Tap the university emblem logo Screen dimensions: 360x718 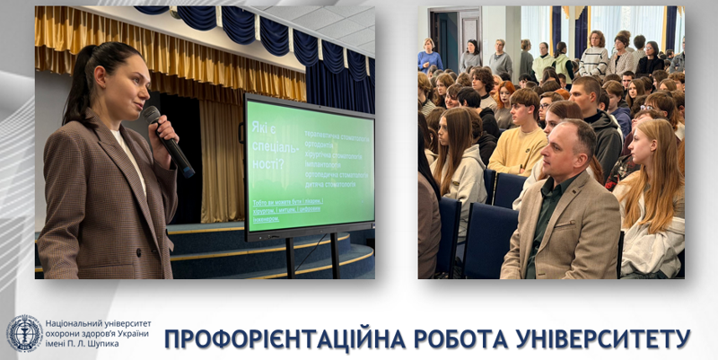pos(24,333)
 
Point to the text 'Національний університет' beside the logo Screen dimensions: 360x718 pos(98,323)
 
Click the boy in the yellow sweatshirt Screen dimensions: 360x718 pos(520,135)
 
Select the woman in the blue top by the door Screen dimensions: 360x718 pos(429,57)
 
